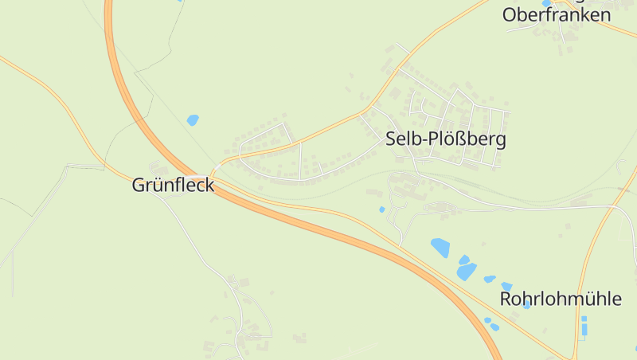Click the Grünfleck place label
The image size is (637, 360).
tap(173, 186)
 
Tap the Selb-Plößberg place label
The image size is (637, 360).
tap(445, 139)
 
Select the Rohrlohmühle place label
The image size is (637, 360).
tap(561, 299)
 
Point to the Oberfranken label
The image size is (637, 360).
tap(557, 14)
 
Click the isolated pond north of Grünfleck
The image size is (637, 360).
tap(193, 120)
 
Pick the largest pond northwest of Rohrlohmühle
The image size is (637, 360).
tap(440, 247)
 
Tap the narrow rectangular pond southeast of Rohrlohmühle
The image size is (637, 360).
tap(584, 326)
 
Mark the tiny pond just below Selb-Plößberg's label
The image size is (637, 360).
tap(382, 209)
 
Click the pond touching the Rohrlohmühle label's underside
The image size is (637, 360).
tap(526, 306)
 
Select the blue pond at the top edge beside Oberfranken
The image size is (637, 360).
tap(546, 3)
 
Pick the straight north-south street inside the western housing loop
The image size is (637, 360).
tap(300, 159)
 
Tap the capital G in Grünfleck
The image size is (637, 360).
tap(139, 186)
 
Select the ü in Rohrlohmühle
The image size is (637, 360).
tap(588, 299)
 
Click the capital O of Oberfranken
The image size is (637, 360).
tap(510, 14)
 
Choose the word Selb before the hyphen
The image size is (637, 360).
tap(401, 139)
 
